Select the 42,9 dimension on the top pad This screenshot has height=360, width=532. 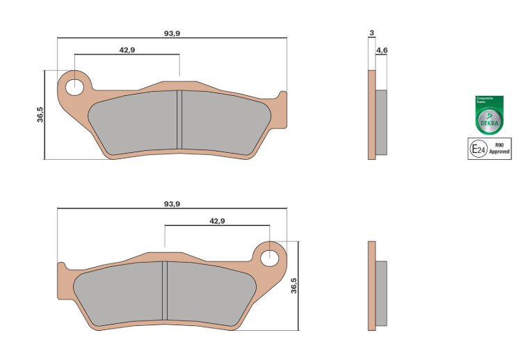(x=127, y=50)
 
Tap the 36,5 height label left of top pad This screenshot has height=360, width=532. (x=40, y=115)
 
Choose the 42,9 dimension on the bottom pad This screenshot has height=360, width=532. (x=217, y=221)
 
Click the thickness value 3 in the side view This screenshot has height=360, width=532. (x=372, y=33)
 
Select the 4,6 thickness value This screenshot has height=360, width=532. (x=381, y=51)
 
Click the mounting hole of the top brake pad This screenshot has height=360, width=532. (x=74, y=87)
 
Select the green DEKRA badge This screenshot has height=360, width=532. (x=489, y=115)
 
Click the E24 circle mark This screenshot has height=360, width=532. (x=478, y=149)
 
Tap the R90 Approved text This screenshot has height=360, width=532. (x=499, y=148)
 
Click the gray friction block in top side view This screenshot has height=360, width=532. (x=382, y=122)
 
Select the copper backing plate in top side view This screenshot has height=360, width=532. (x=371, y=115)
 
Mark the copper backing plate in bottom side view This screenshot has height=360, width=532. (x=371, y=284)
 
